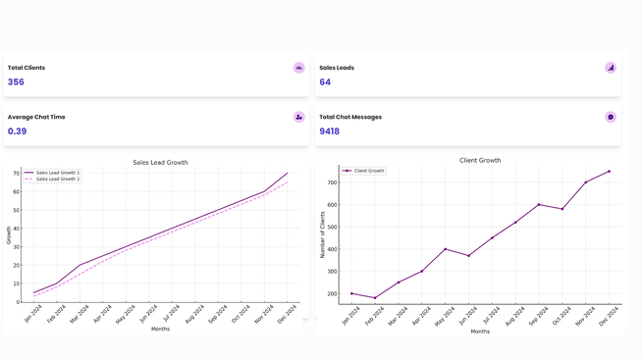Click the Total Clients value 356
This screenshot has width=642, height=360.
click(x=16, y=82)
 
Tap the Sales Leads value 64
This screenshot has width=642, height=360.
click(x=325, y=82)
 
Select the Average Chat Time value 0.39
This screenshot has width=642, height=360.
click(x=18, y=131)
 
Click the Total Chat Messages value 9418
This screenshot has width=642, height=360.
click(x=330, y=131)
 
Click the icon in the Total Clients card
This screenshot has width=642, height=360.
click(x=298, y=68)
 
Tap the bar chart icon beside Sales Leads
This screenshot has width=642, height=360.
click(x=610, y=68)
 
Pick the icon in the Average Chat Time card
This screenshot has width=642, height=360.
click(x=298, y=117)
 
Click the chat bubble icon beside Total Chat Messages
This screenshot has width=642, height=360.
click(x=610, y=117)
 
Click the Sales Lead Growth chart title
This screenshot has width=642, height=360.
click(x=160, y=163)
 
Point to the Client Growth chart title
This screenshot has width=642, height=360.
click(x=480, y=160)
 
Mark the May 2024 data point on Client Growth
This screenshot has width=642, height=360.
click(x=445, y=249)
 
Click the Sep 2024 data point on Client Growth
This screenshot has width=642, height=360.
click(x=539, y=205)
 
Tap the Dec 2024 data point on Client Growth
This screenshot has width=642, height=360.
click(x=609, y=172)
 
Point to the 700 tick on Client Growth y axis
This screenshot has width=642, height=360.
click(x=332, y=182)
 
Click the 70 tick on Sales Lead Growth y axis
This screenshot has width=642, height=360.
click(x=16, y=174)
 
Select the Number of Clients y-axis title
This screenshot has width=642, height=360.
click(x=322, y=234)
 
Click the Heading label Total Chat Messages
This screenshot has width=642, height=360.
click(x=350, y=117)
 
